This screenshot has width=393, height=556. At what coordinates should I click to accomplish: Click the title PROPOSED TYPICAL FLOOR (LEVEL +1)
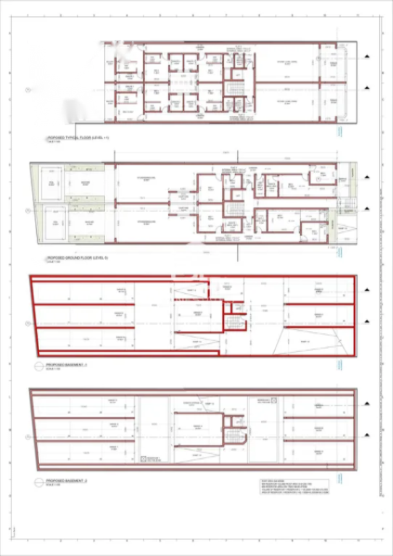point(78,137)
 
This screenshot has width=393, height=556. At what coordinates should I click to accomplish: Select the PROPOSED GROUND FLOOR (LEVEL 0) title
point(77,257)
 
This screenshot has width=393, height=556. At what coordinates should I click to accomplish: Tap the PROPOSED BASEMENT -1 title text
point(67,366)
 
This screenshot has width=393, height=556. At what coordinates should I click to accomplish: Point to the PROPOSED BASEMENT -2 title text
point(67,480)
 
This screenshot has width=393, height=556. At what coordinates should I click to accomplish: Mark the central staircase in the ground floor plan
point(233,209)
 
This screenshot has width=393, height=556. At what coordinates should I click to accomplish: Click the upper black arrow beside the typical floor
point(368,56)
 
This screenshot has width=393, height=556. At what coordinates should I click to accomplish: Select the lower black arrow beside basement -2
point(368,435)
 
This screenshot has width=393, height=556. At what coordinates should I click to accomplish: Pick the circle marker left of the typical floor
point(28,90)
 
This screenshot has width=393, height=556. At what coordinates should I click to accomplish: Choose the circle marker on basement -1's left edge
point(28,319)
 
